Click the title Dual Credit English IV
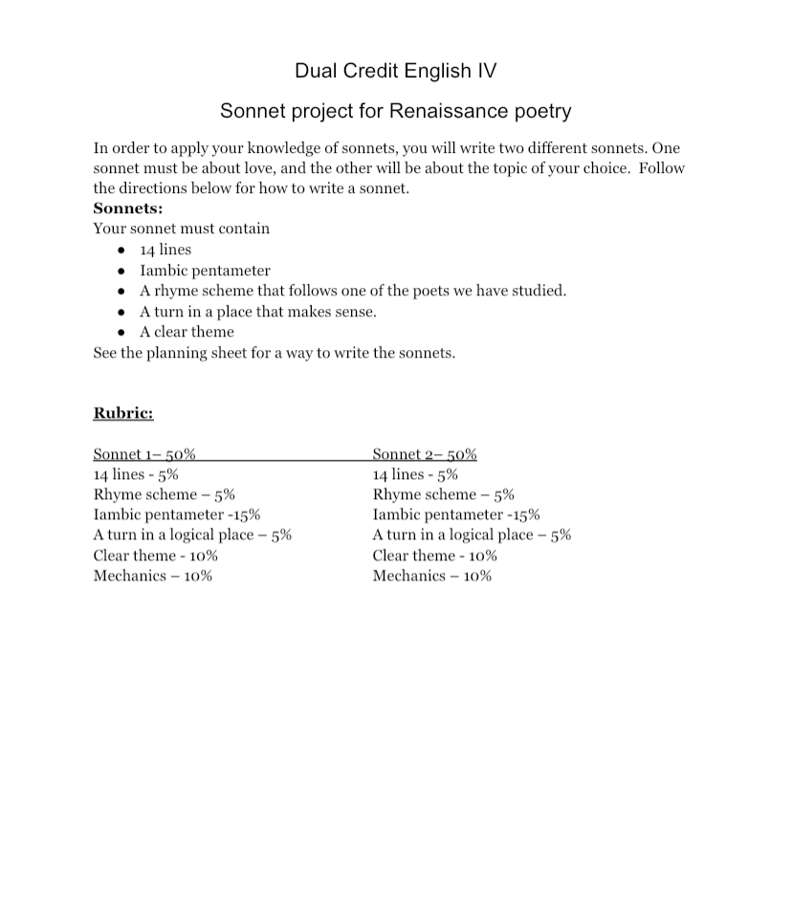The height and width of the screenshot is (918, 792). [x=395, y=71]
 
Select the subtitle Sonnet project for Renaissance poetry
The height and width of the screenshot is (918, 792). [x=395, y=111]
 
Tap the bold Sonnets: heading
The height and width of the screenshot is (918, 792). [x=128, y=208]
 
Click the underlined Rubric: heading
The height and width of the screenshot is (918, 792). [x=123, y=413]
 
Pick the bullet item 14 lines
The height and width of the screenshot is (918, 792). [x=165, y=250]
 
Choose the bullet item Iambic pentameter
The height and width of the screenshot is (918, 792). [x=205, y=271]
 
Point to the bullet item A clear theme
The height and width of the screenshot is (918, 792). [x=187, y=332]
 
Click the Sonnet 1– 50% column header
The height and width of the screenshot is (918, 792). [x=144, y=454]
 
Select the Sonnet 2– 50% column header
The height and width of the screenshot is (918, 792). [x=425, y=454]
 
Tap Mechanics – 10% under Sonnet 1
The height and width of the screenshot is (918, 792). [x=153, y=576]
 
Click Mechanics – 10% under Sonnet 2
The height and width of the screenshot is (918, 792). [x=432, y=576]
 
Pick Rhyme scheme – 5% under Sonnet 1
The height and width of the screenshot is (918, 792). [x=165, y=494]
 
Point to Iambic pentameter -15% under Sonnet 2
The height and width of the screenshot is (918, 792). [x=456, y=514]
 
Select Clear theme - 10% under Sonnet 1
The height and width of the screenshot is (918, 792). [x=156, y=556]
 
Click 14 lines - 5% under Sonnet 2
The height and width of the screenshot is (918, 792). [x=415, y=474]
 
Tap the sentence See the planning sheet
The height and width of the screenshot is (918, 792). [x=274, y=353]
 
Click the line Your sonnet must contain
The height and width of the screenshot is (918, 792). [x=182, y=229]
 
